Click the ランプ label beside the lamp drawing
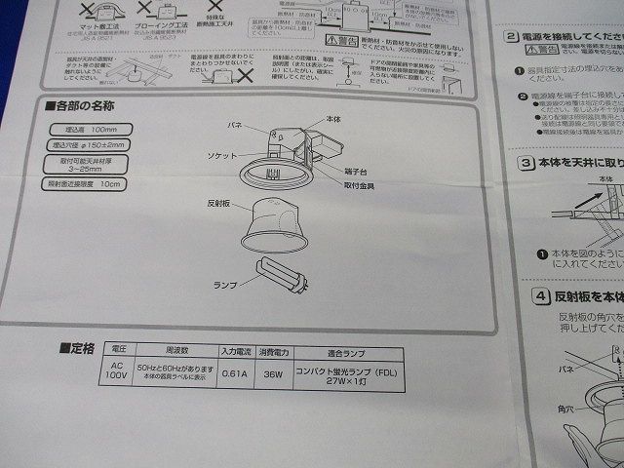225,284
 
